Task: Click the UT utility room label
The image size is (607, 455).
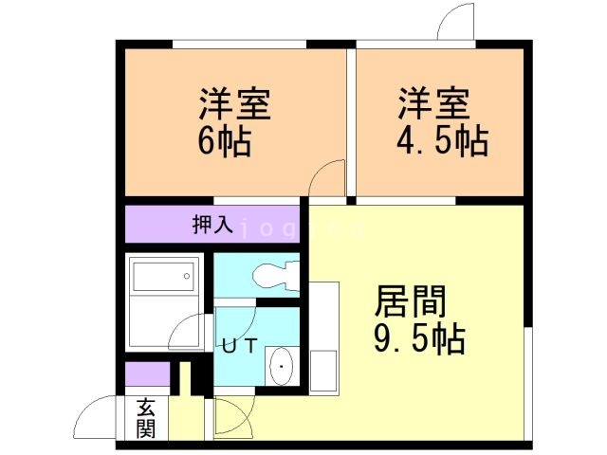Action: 239,345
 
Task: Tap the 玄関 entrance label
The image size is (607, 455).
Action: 145,419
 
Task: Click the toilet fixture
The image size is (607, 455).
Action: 278,277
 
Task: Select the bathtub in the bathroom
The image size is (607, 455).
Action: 161,277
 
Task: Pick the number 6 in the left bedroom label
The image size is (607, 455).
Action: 207,141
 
